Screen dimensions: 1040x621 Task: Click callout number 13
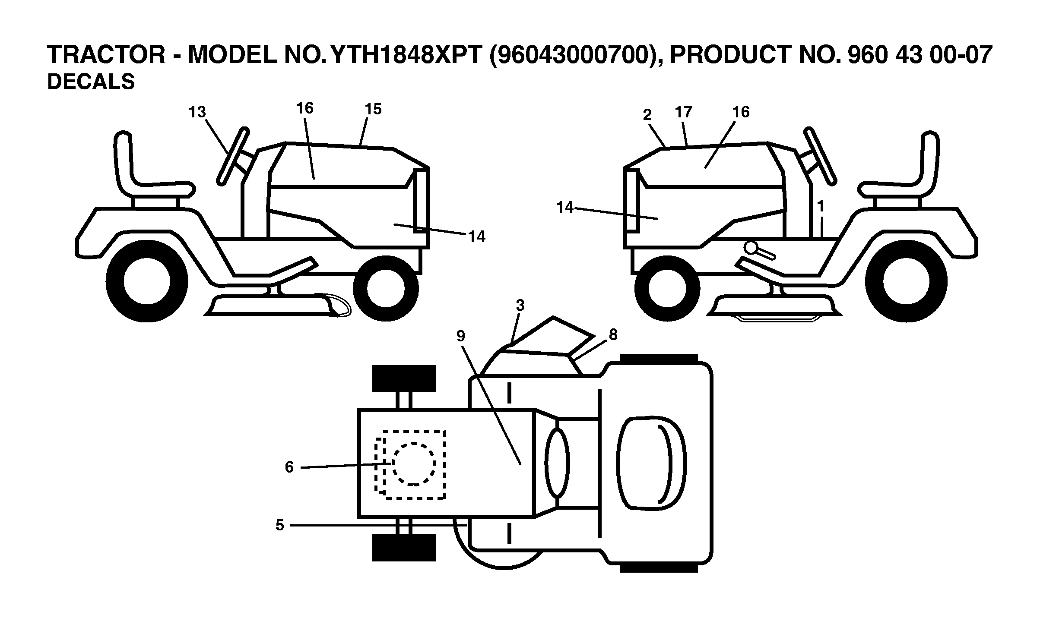197,112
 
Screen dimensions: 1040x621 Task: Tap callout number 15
373,109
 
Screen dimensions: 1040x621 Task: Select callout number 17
684,112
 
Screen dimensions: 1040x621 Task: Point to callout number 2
647,115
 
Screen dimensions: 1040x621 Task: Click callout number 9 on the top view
461,336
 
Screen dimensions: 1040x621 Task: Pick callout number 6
289,467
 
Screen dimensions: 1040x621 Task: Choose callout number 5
280,525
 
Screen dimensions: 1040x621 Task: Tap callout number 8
613,334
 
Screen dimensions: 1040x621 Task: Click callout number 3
520,306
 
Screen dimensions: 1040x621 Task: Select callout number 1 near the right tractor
821,206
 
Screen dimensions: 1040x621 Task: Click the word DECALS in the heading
91,82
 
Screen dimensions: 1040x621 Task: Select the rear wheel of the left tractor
147,281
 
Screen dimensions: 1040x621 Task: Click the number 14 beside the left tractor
477,236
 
